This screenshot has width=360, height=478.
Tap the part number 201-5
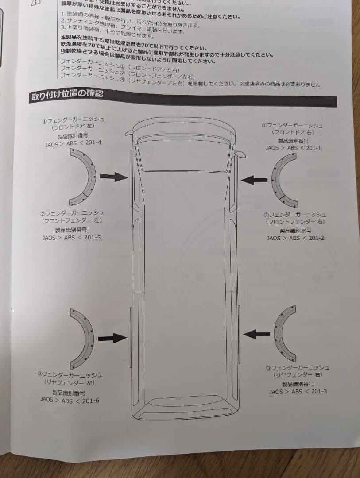(92, 237)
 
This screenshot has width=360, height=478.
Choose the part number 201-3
(318, 391)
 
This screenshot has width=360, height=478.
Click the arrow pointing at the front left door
(113, 177)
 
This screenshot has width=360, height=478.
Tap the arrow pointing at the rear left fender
(112, 338)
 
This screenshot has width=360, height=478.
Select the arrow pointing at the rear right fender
(256, 334)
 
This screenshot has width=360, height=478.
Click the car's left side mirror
(128, 132)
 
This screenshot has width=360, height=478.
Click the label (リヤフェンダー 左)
(70, 382)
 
